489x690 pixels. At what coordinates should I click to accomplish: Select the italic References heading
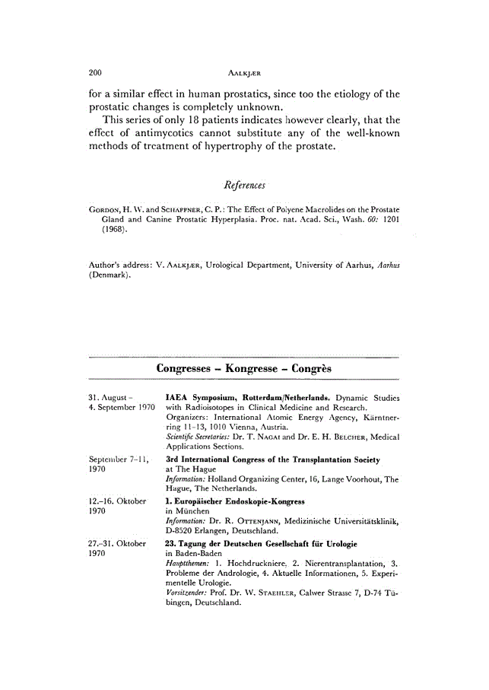[x=243, y=186]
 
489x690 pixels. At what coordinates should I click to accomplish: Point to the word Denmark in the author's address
[x=110, y=275]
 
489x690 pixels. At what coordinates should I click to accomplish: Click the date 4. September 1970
[x=122, y=408]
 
